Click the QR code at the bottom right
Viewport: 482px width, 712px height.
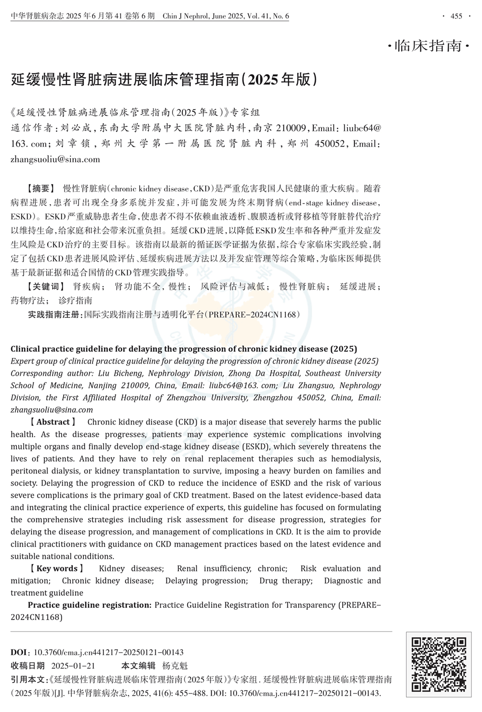pyautogui.click(x=439, y=664)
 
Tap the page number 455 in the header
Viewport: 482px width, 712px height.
pyautogui.click(x=456, y=16)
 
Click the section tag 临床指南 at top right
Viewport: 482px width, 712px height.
pyautogui.click(x=428, y=46)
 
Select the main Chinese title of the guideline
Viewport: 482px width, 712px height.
pyautogui.click(x=164, y=79)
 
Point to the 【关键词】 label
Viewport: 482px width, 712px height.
pyautogui.click(x=44, y=287)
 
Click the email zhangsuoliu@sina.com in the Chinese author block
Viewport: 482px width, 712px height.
pyautogui.click(x=55, y=159)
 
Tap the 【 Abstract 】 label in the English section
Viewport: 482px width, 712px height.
pyautogui.click(x=53, y=422)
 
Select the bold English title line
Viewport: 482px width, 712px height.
pyautogui.click(x=184, y=349)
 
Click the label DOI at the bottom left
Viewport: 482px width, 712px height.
pyautogui.click(x=19, y=652)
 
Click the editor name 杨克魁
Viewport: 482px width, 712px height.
pyautogui.click(x=175, y=666)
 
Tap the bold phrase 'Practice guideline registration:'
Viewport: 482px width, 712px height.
pyautogui.click(x=90, y=605)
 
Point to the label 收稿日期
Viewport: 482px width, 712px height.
pyautogui.click(x=27, y=666)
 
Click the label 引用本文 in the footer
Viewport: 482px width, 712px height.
pyautogui.click(x=27, y=679)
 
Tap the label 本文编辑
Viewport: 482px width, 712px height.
pyautogui.click(x=138, y=666)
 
